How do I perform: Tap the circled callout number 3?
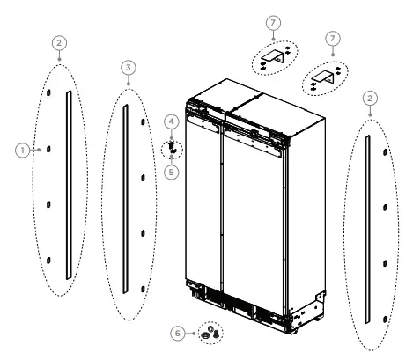[129, 67]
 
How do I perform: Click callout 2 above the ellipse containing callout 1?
[59, 41]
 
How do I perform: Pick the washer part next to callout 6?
[207, 334]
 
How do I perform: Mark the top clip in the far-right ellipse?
[385, 151]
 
